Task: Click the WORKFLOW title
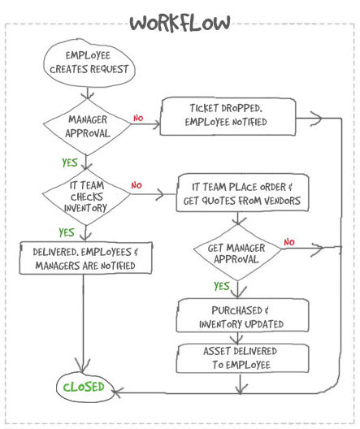(180, 23)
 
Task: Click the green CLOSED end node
(84, 387)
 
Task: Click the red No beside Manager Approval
(138, 118)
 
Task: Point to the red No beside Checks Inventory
(137, 185)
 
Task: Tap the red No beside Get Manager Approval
(289, 242)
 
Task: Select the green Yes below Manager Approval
(70, 162)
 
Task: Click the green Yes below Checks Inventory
(67, 232)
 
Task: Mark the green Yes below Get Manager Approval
(222, 286)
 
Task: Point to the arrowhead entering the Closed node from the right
(117, 392)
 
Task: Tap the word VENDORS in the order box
(282, 201)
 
